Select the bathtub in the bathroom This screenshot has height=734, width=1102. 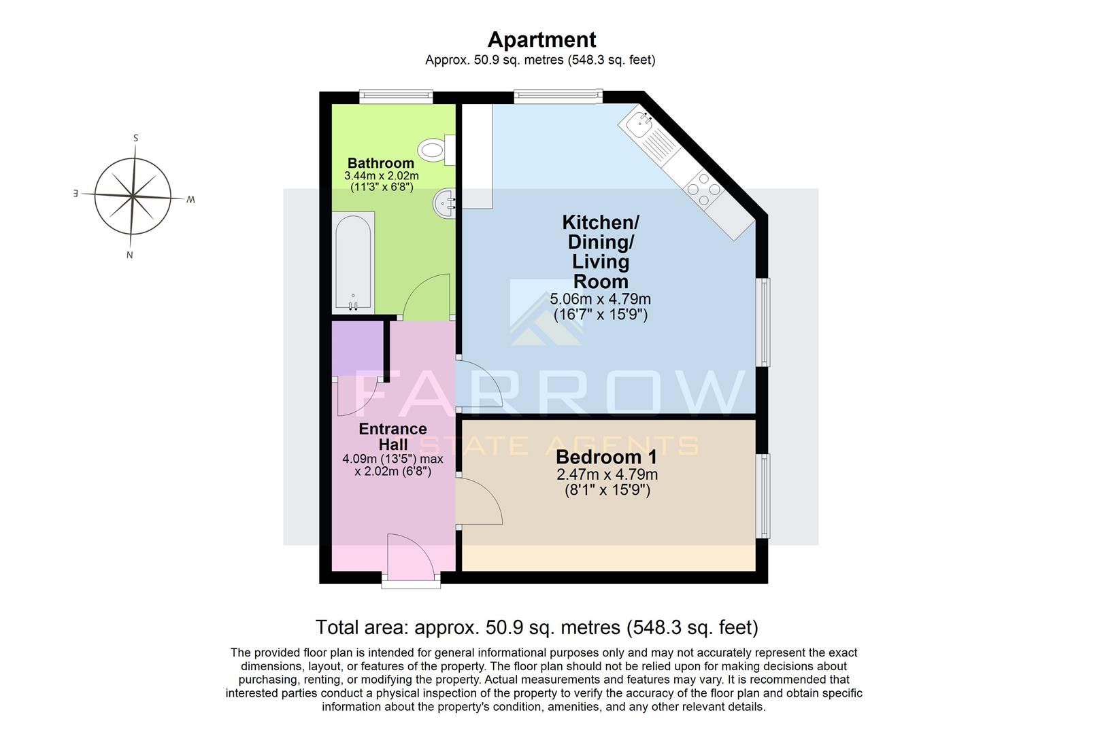point(353,262)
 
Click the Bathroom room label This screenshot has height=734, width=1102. point(380,163)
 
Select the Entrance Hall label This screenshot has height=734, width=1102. point(393,436)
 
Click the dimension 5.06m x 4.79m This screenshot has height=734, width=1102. point(600,299)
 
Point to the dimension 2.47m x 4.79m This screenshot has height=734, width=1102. point(607,474)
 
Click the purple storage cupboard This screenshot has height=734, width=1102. point(357,348)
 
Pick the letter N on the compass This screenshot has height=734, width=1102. point(129,256)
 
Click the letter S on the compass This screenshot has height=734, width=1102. point(136,138)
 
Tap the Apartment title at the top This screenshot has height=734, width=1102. point(541,39)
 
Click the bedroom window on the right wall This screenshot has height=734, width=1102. point(765,496)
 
